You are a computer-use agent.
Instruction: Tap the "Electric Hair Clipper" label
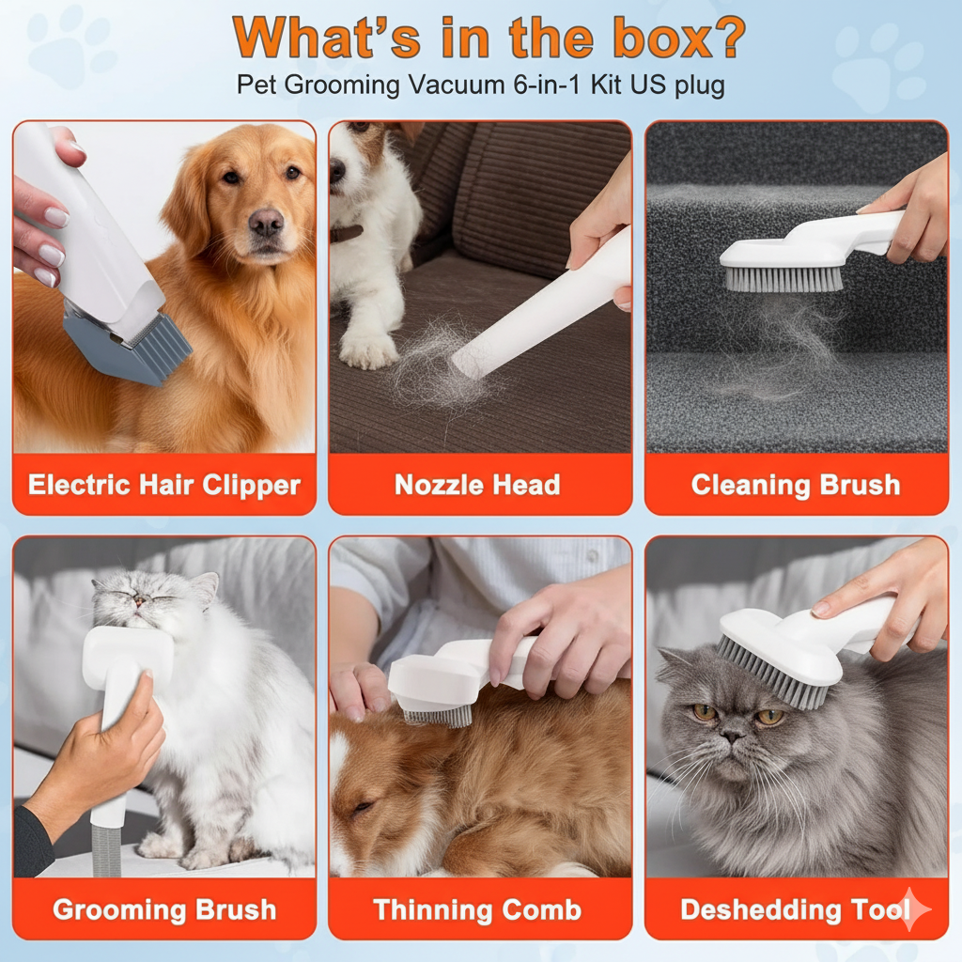(164, 486)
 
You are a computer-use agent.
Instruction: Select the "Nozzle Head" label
(477, 486)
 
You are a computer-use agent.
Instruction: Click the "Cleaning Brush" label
(796, 486)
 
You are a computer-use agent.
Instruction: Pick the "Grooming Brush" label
(164, 909)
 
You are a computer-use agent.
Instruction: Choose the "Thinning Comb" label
(477, 909)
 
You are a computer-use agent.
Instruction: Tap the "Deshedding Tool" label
(795, 909)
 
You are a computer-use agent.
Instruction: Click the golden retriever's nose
(266, 224)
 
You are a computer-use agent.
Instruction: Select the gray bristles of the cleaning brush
(782, 279)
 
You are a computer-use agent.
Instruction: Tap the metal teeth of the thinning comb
(437, 717)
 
